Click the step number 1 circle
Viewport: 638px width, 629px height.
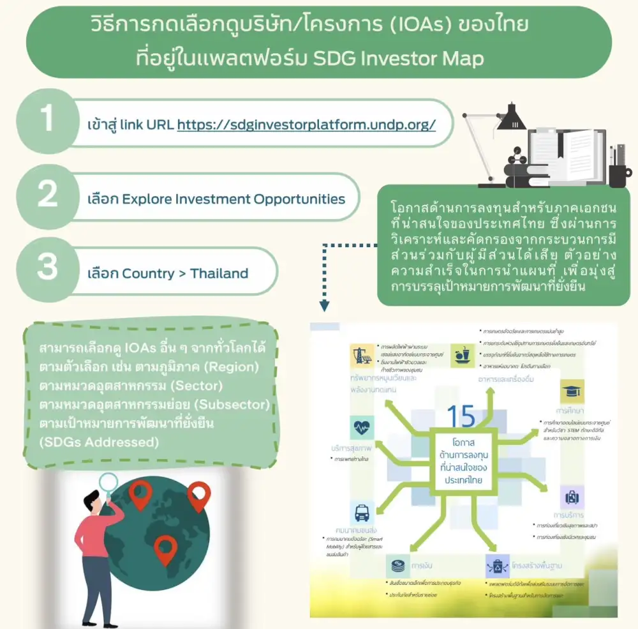pos(48,121)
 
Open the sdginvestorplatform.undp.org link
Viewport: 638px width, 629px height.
pos(306,125)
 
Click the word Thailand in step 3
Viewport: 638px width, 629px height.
pos(219,274)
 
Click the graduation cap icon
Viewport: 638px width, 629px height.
pos(572,391)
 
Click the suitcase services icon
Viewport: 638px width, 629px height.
pos(572,497)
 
